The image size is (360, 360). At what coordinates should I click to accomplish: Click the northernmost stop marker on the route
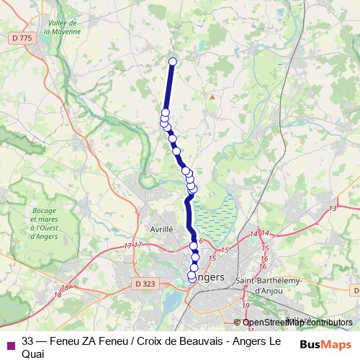point(173,61)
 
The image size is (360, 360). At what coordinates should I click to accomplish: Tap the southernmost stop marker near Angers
point(192,276)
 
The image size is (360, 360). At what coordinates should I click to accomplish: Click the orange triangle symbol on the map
point(212,96)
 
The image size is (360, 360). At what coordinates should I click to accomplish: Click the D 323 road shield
point(145,284)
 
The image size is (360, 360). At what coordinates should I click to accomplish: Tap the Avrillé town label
point(161,228)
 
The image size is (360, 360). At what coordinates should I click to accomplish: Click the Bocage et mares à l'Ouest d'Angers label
point(44,219)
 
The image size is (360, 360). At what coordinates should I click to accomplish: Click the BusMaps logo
point(323,343)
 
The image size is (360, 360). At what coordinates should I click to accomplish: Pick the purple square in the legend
point(10,344)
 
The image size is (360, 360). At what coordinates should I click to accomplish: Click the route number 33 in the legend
point(28,341)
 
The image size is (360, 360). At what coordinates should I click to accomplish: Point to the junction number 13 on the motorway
point(333,208)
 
